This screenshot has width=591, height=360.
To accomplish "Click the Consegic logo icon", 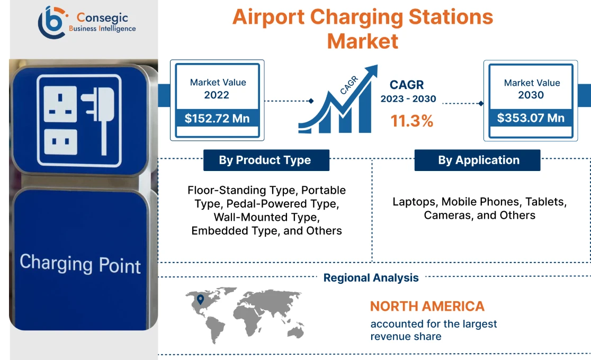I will (x=51, y=22).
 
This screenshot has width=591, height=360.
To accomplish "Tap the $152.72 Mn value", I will (x=217, y=118).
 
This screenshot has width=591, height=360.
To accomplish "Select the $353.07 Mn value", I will (x=531, y=118).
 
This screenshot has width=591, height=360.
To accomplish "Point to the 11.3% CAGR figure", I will (x=411, y=121).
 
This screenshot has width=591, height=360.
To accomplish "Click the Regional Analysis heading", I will (x=371, y=278).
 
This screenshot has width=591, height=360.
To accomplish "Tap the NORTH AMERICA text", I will (x=427, y=306).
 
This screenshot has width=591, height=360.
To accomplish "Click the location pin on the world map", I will (x=200, y=300).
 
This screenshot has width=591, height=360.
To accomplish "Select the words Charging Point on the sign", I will (x=80, y=263).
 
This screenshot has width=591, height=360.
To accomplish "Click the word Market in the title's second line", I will (x=362, y=41).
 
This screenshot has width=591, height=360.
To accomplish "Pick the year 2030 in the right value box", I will (x=531, y=95).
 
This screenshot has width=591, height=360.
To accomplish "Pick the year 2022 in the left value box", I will (x=217, y=95).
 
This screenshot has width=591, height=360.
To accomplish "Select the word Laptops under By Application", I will (x=415, y=202).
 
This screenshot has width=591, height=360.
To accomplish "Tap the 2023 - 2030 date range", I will (x=408, y=99).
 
